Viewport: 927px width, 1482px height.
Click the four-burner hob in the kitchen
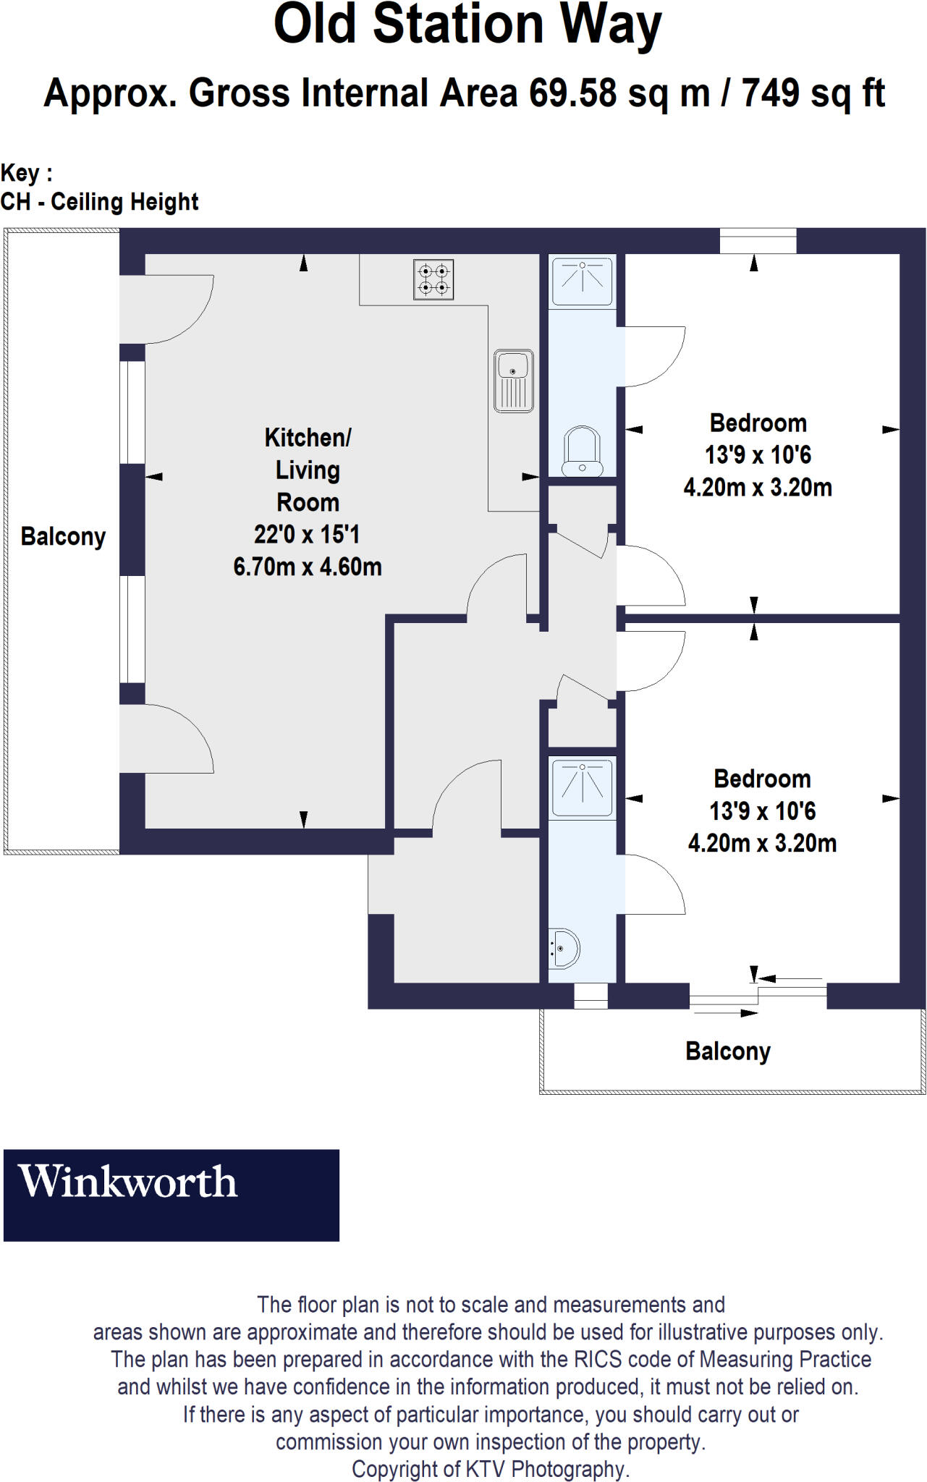tap(433, 279)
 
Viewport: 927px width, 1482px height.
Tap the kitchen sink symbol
tap(514, 381)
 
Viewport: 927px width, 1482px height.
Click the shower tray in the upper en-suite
tap(583, 281)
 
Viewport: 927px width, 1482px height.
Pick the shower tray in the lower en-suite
tap(582, 787)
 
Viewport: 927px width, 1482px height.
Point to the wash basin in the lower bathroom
tap(563, 948)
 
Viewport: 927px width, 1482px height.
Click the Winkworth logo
tap(171, 1195)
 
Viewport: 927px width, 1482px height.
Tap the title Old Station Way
tap(467, 25)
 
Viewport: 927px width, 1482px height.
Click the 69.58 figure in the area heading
tap(572, 93)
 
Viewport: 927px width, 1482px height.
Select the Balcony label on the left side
tap(63, 537)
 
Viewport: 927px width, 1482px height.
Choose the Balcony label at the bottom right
tap(727, 1051)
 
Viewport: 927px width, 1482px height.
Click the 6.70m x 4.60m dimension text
tap(308, 567)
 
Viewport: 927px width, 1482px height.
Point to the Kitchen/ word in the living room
tap(308, 438)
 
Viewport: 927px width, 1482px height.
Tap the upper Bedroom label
tap(758, 423)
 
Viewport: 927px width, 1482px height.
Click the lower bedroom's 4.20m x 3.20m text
tap(762, 844)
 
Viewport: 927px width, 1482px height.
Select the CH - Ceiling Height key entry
tap(99, 202)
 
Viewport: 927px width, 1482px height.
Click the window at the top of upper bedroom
tap(758, 241)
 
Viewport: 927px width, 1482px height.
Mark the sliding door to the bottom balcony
tap(757, 996)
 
